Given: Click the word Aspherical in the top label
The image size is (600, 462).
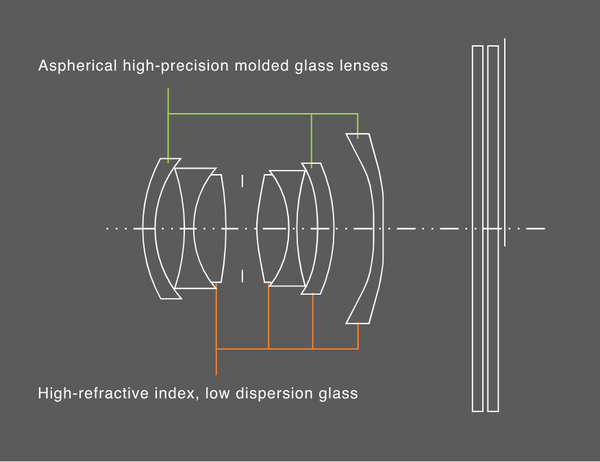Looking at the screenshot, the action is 78,66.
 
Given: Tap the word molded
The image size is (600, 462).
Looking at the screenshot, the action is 262,65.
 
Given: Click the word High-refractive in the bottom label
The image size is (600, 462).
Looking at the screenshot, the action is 93,393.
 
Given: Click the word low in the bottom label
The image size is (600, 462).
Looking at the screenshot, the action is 217,393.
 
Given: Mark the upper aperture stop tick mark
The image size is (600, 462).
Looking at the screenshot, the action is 242,181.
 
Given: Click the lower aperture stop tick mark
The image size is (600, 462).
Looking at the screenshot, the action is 242,276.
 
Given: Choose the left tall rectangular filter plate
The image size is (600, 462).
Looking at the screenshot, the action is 477,229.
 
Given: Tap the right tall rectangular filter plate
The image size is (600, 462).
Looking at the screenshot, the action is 493,229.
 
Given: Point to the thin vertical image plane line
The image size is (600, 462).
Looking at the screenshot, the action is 505,142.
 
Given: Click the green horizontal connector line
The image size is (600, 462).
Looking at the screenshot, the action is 263,114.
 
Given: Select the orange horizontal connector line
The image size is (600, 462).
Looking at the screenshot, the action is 287,349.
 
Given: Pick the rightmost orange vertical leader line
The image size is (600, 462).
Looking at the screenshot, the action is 358,336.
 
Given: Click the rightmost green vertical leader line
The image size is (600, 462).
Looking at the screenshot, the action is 358,126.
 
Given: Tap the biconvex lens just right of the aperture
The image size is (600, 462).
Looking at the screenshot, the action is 272,229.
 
